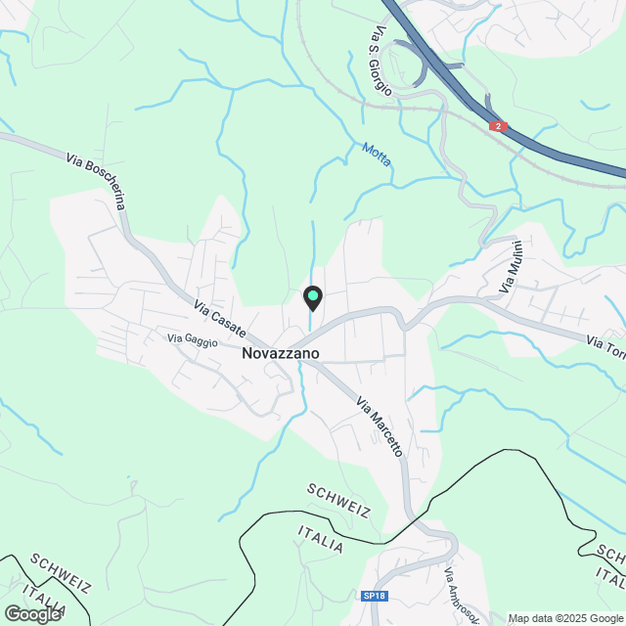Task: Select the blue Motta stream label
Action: coord(377,155)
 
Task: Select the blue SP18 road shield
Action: coord(373,596)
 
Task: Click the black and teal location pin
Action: coord(312,297)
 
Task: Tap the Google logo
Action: coord(32,613)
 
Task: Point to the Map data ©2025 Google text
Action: coord(565,618)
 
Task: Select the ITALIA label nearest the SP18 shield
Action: coord(321,538)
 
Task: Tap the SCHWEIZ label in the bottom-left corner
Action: coord(61,573)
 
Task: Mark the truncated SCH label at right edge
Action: coord(610,555)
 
